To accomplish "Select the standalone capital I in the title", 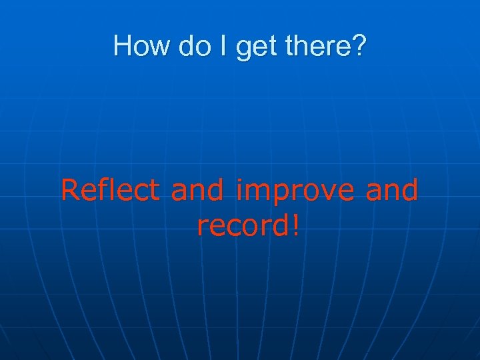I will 217,46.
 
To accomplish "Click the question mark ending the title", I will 357,46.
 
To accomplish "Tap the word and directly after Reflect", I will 198,191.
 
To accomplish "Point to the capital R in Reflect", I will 70,191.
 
